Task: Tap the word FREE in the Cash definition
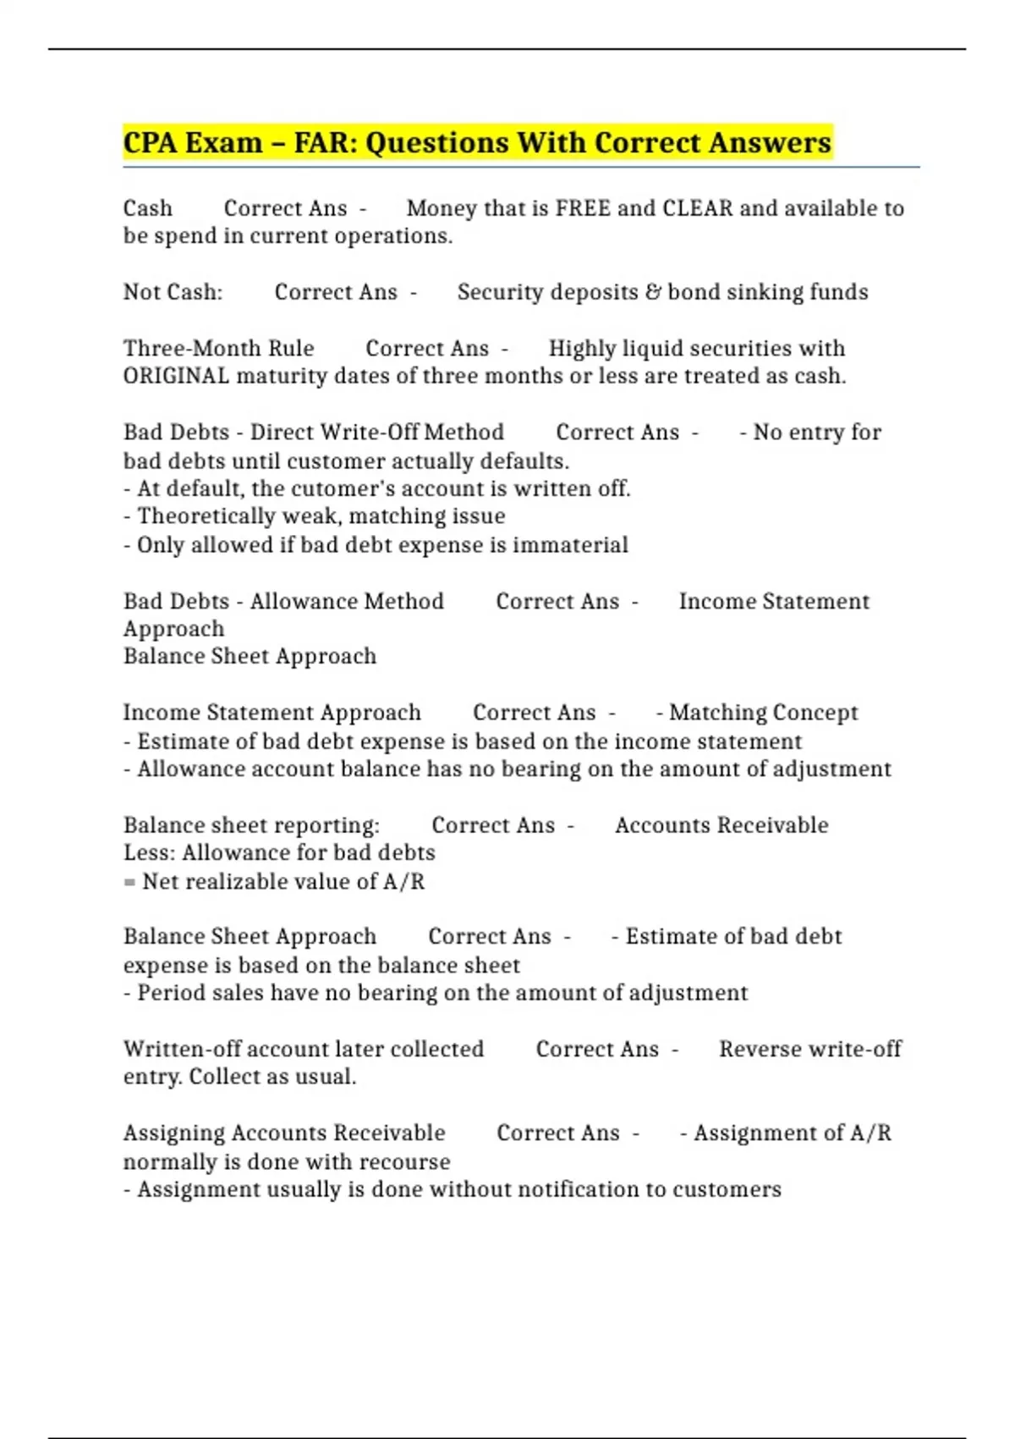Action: point(583,208)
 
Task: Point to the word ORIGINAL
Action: point(176,376)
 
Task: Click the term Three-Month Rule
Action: point(218,349)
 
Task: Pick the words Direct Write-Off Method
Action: point(376,433)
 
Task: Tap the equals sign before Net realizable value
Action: point(129,882)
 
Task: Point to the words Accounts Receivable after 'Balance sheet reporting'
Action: point(721,825)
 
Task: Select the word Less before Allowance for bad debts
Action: point(147,852)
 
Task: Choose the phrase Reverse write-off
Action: point(809,1049)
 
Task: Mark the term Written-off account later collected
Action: point(303,1049)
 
